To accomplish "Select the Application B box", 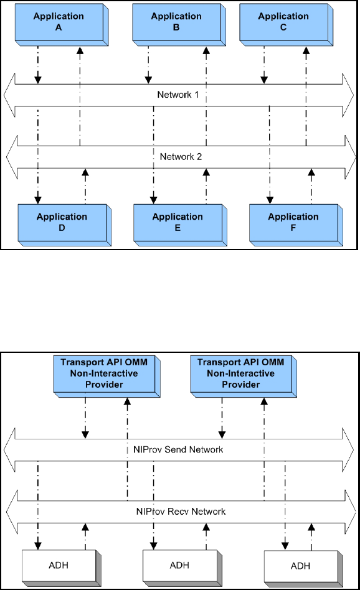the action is pos(179,24).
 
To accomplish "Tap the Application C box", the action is pos(286,24).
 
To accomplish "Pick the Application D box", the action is pos(64,225).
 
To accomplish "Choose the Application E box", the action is pos(180,225).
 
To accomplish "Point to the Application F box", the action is pos(296,225).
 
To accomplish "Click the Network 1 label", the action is pos(178,95).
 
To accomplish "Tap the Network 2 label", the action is pos(181,157).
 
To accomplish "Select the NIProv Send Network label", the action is pos(178,449).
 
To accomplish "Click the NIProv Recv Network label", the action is pos(181,512).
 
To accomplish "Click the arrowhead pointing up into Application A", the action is pos(80,50).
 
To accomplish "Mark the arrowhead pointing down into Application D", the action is pos(37,200).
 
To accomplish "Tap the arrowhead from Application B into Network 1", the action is pos(148,80).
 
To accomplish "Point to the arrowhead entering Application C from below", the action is pos(306,50).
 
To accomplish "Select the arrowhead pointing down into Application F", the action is pos(270,200).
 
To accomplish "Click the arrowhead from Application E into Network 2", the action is pos(206,173).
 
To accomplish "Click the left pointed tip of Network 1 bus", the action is pos(4,95).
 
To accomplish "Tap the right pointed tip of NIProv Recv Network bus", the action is pos(356,512).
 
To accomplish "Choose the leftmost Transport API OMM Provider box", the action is pos(107,377).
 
